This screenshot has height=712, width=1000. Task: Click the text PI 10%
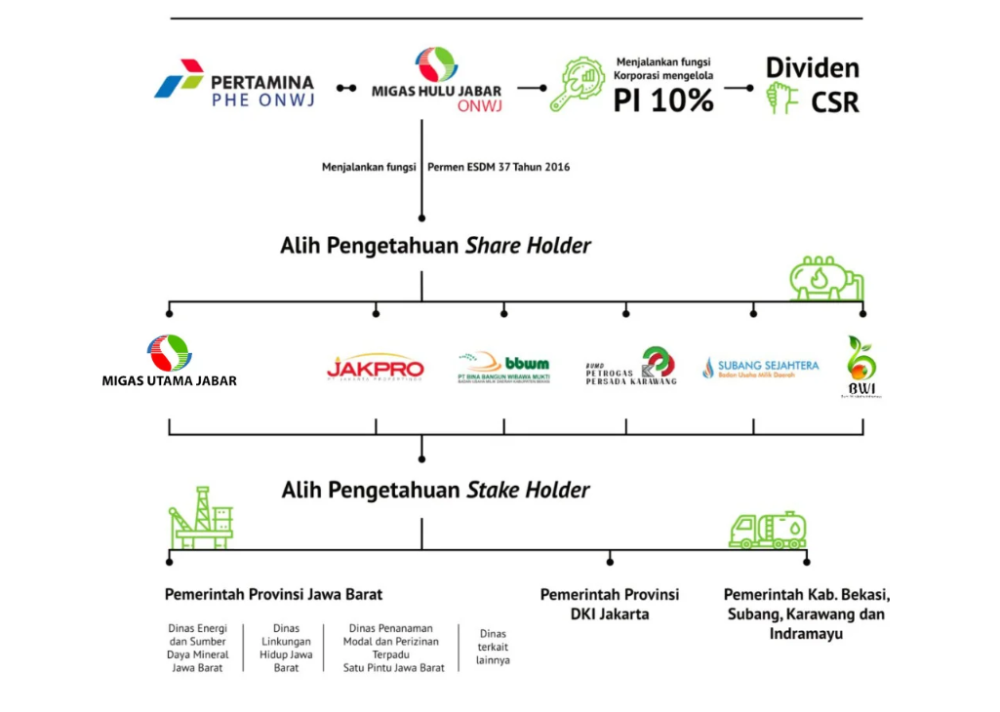(x=663, y=99)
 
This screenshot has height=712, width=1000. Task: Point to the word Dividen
(x=812, y=68)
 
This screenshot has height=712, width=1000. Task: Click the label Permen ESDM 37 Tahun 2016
(x=499, y=167)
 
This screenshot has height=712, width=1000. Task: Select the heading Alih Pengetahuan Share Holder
(x=435, y=246)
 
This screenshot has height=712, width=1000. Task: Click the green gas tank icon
(x=826, y=278)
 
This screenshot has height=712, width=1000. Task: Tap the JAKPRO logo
(x=376, y=368)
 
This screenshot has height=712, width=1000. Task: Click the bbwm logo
(x=503, y=368)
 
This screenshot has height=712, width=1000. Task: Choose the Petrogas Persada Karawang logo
(x=631, y=367)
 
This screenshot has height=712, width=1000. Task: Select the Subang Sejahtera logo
(x=761, y=368)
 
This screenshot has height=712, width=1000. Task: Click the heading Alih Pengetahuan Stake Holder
(x=435, y=490)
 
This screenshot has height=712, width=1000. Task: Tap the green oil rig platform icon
(x=202, y=518)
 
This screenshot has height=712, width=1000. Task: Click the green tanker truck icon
(x=768, y=530)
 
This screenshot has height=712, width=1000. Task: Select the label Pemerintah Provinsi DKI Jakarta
(x=610, y=604)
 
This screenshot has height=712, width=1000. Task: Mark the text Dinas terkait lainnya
(x=493, y=646)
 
